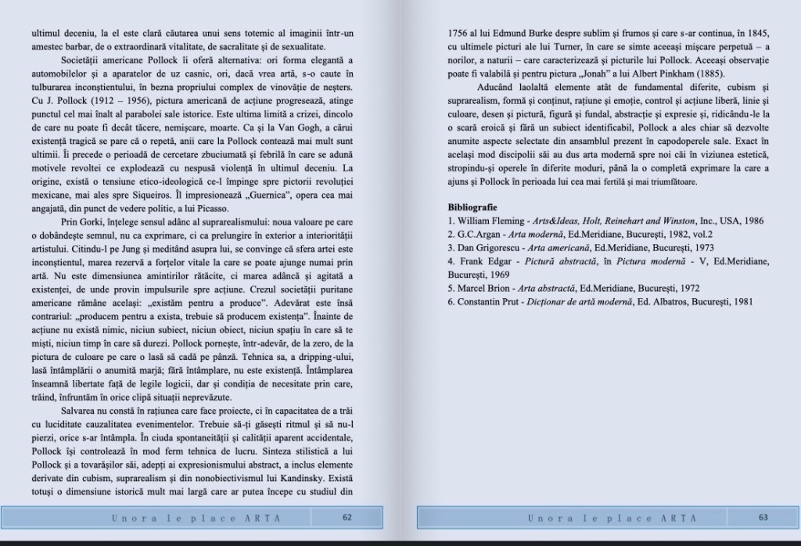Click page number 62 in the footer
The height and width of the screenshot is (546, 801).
[x=347, y=517]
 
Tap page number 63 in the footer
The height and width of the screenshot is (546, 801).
[x=763, y=517]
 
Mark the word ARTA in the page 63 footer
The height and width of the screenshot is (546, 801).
[x=674, y=517]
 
